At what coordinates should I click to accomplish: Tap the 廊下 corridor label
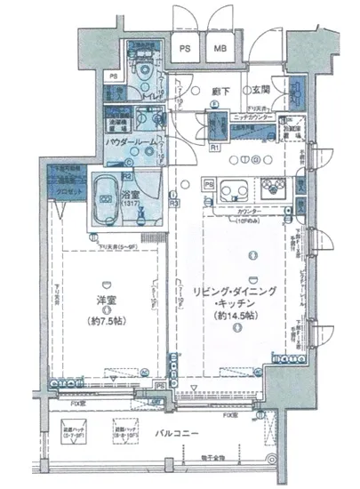click(x=220, y=90)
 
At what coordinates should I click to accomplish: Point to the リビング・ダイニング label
click(x=235, y=291)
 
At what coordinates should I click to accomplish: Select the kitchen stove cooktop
click(x=272, y=188)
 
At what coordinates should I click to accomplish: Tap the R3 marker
click(x=176, y=204)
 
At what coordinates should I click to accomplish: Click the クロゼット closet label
click(x=61, y=189)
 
